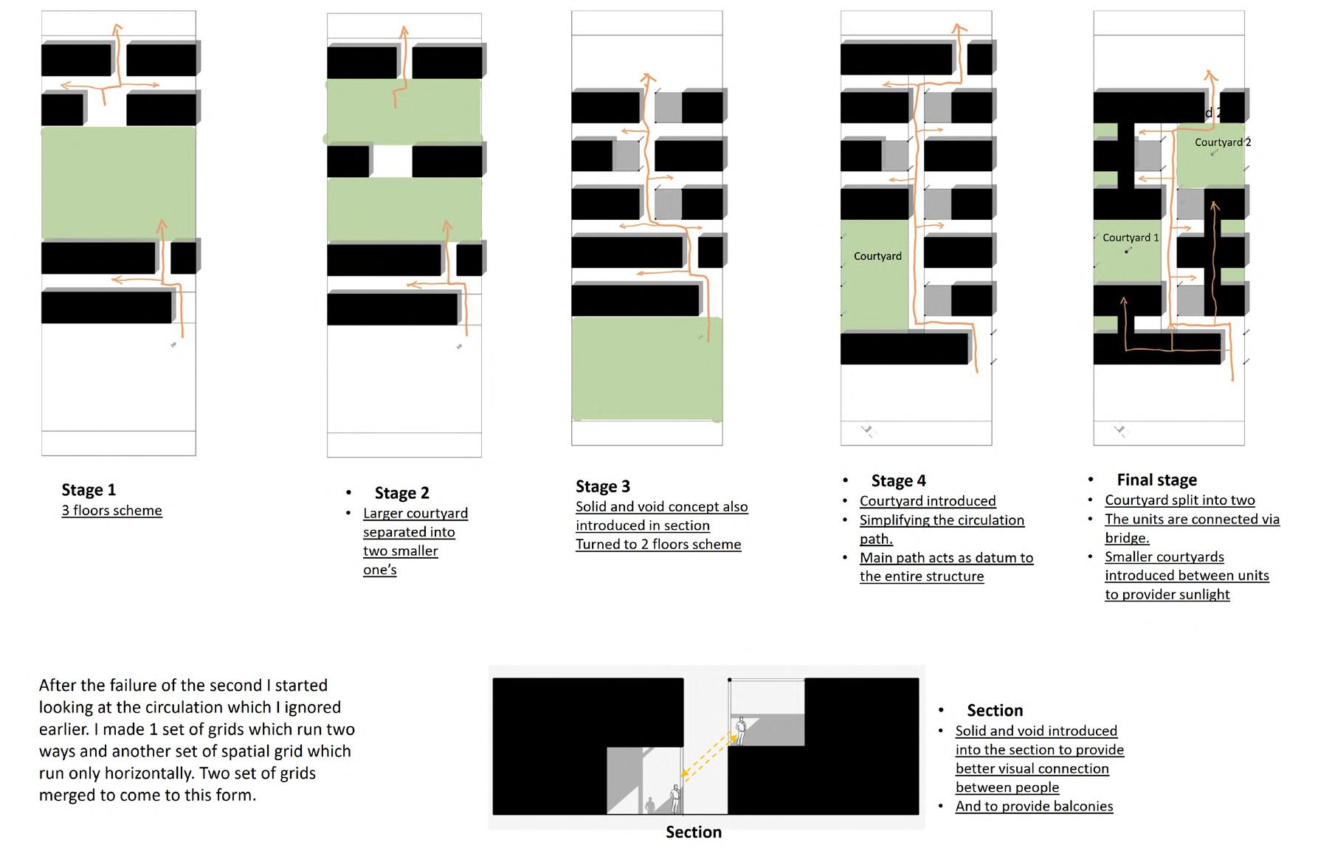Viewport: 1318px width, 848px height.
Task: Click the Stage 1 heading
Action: pos(89,490)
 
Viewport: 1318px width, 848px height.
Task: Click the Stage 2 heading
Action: pos(401,493)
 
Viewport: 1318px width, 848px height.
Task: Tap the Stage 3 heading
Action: pos(603,486)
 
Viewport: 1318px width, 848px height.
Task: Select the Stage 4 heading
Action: pos(898,481)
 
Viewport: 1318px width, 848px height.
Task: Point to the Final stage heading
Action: pos(1156,480)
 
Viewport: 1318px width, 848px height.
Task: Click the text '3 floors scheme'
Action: pos(111,511)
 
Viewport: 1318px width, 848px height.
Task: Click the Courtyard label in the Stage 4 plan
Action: pos(877,256)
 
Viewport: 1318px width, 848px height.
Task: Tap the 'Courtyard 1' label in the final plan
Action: pos(1130,238)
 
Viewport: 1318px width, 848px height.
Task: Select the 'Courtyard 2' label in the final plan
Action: pos(1222,142)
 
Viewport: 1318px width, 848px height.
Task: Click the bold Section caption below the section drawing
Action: pos(693,833)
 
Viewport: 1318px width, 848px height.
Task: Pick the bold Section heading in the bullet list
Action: pos(995,711)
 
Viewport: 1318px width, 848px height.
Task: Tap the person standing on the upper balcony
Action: pos(741,730)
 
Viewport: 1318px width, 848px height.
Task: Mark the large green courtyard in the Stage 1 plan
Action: pos(118,183)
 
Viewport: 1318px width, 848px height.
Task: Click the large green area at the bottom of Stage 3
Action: pos(646,369)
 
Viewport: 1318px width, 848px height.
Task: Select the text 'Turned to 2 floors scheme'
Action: pos(658,545)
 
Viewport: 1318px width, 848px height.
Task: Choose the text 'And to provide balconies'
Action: pos(1034,807)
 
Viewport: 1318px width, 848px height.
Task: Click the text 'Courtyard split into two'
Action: pos(1179,500)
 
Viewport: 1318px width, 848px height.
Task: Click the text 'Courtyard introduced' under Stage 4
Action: pos(928,501)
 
